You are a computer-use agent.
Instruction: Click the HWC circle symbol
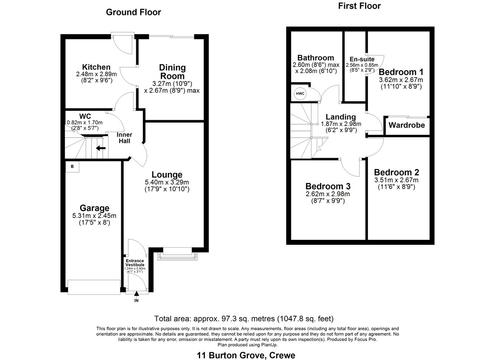point(300,94)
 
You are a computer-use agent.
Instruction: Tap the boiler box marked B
point(72,166)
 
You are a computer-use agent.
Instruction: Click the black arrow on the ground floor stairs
point(101,148)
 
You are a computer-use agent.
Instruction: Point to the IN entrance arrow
point(137,294)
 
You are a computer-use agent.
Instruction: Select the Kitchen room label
point(96,67)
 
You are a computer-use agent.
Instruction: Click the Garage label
point(94,208)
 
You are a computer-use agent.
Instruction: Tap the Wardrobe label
point(407,125)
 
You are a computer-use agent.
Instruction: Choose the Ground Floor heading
point(134,12)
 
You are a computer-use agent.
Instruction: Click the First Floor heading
point(359,6)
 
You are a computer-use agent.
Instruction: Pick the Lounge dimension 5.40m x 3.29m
point(167,182)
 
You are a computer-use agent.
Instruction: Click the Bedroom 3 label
point(328,186)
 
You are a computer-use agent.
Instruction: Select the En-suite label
point(362,59)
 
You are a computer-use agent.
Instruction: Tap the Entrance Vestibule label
point(135,263)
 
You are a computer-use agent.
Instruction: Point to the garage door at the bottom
point(94,287)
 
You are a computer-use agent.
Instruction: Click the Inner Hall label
point(125,138)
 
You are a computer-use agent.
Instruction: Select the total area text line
point(244,319)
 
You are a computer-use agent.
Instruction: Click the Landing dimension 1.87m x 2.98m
point(341,124)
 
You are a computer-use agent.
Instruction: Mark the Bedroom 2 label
point(396,172)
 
